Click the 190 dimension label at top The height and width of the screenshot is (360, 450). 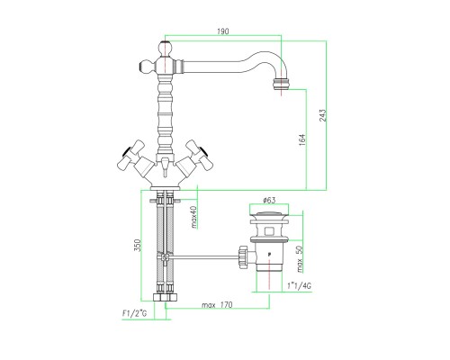(x=222, y=31)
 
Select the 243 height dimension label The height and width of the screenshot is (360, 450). (x=322, y=115)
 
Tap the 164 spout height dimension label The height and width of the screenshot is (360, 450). (x=302, y=140)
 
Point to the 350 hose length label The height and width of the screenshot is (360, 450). (x=137, y=246)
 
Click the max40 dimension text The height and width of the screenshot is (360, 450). (x=194, y=217)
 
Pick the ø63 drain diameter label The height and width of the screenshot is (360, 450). (x=269, y=200)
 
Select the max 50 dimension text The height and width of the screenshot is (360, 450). (x=301, y=258)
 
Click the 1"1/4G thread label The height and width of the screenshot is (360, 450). (x=299, y=285)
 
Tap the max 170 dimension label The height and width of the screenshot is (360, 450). (x=217, y=305)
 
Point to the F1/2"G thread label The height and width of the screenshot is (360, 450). (x=134, y=314)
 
